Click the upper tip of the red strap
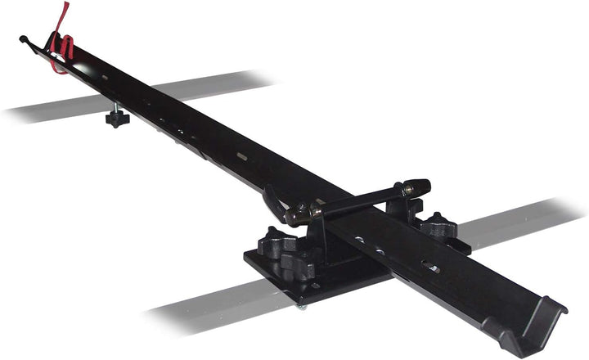[x=66, y=5]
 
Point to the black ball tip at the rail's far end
[x=23, y=38]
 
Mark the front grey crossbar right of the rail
[x=524, y=221]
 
